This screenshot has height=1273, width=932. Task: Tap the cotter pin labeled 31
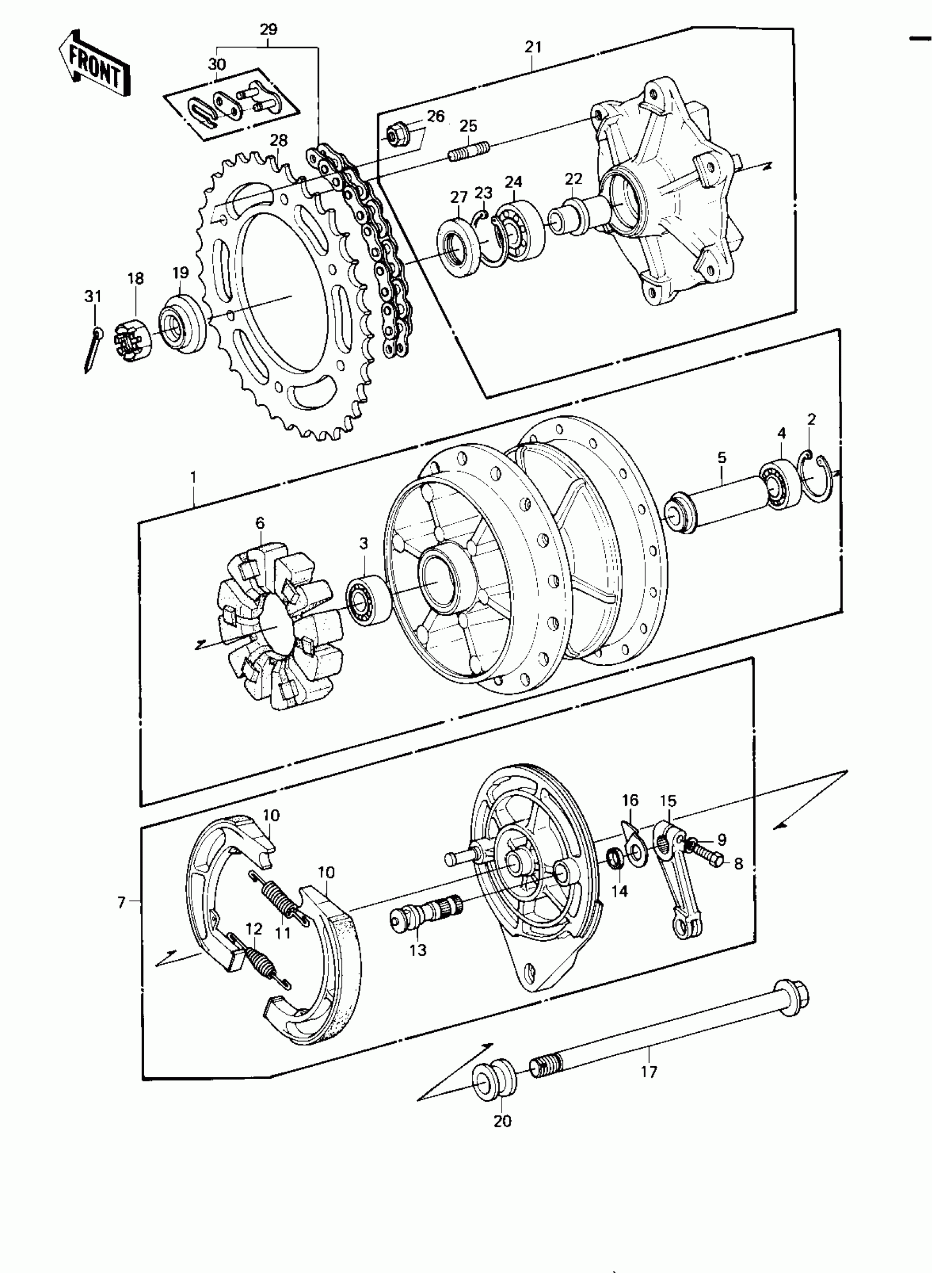pos(93,350)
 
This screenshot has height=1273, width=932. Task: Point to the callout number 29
pos(269,29)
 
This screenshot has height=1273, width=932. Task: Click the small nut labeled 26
pos(393,135)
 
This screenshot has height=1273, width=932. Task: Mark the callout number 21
pos(533,47)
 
